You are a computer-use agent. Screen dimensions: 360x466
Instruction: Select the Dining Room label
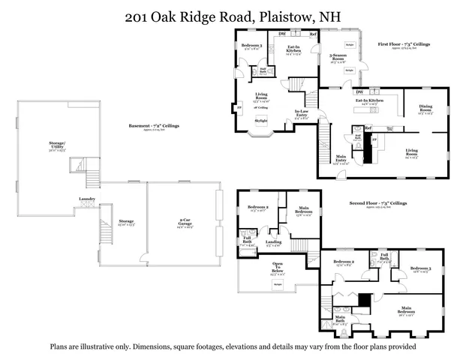[x=425, y=111]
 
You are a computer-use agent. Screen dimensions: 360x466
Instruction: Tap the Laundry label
[x=85, y=199]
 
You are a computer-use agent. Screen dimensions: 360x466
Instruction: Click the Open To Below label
[x=277, y=267]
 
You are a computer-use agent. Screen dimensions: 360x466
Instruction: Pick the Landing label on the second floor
[x=273, y=242]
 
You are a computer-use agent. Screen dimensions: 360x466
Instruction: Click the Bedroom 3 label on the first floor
[x=251, y=46]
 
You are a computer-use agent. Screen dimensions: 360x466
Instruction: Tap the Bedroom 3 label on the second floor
[x=419, y=269]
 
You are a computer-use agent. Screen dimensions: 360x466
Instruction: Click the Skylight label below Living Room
[x=260, y=120]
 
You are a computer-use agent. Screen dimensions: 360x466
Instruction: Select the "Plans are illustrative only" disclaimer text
[x=233, y=346]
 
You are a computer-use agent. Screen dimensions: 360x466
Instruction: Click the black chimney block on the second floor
[x=364, y=299]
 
